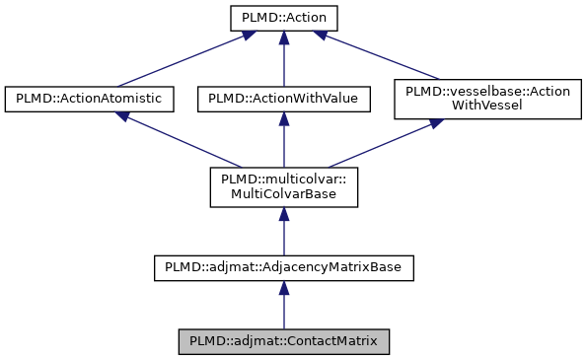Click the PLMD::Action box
click(x=283, y=18)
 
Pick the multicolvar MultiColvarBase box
click(x=283, y=186)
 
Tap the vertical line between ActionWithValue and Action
click(x=283, y=61)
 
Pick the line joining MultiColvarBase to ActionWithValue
click(x=283, y=144)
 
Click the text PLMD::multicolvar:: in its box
click(x=283, y=179)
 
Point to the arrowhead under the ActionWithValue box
click(x=283, y=117)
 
